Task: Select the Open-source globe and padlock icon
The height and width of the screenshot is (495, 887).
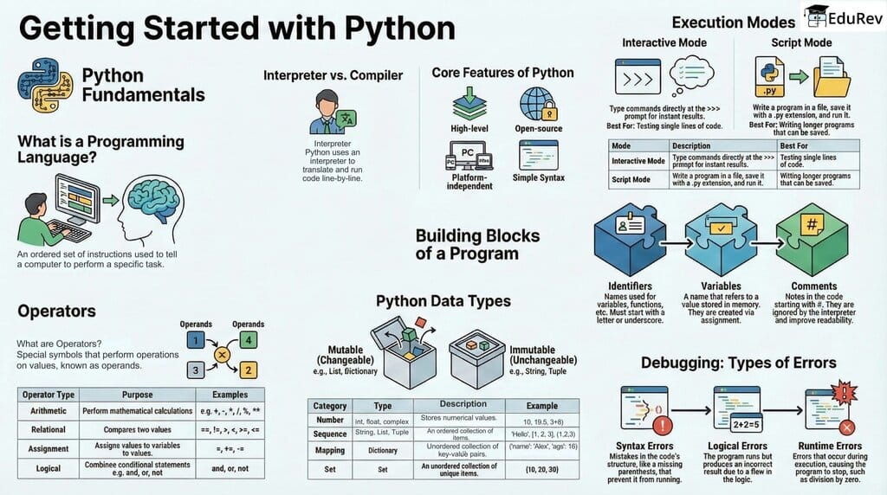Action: coord(538,104)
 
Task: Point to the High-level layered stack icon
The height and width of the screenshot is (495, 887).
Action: coord(469,104)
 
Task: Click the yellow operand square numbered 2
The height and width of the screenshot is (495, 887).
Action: coord(249,371)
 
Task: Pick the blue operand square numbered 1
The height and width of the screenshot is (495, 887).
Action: coord(197,340)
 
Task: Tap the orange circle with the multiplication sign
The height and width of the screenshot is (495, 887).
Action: coord(222,355)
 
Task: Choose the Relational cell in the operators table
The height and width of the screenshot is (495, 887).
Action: coord(49,429)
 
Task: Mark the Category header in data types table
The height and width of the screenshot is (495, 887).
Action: coord(330,405)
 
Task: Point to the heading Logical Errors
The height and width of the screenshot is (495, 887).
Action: coord(738,446)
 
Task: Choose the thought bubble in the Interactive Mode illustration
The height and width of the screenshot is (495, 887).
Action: coord(692,69)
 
